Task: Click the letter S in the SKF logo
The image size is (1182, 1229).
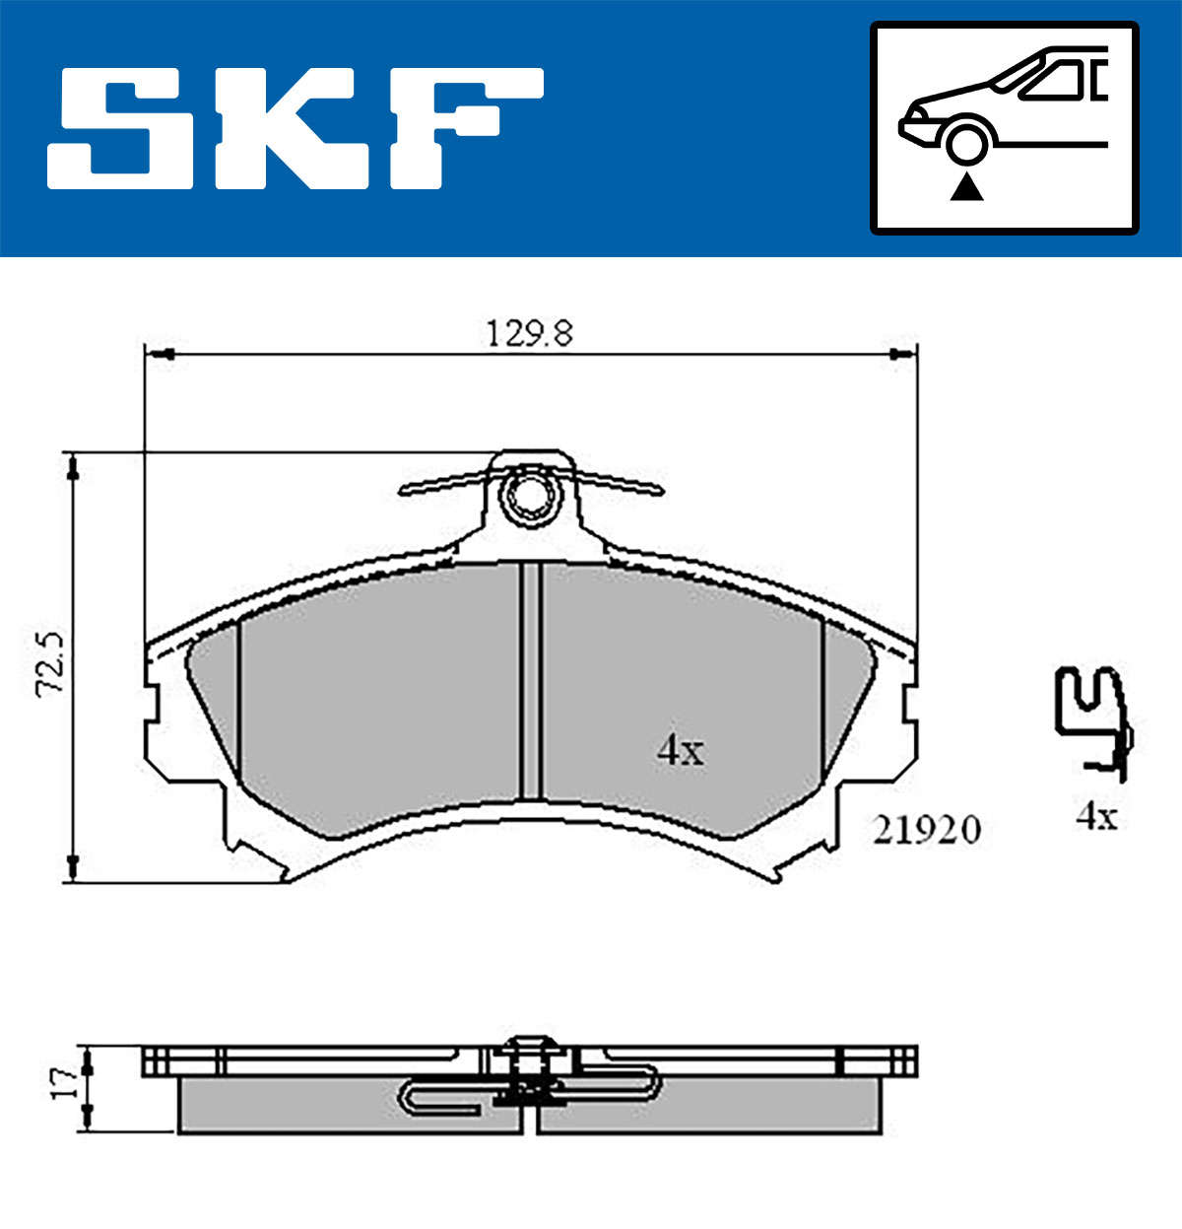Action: (x=120, y=128)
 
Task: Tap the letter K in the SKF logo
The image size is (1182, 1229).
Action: (x=291, y=128)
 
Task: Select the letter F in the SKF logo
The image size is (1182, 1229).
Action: (x=466, y=128)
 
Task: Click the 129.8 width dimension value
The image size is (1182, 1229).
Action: (x=530, y=333)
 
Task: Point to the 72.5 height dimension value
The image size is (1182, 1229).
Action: (x=50, y=663)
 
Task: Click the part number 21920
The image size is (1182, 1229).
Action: (x=927, y=830)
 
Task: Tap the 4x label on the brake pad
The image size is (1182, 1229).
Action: (x=681, y=751)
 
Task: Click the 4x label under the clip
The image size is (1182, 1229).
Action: (x=1097, y=817)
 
